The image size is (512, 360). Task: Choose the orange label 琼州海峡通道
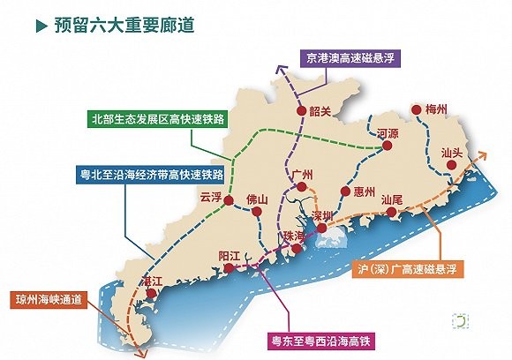click(x=49, y=299)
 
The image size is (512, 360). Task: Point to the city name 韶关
click(x=320, y=111)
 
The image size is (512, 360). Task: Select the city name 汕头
click(x=452, y=152)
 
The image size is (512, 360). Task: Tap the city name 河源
click(x=388, y=134)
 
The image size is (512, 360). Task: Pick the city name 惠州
click(x=364, y=191)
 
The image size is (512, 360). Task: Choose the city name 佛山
click(x=256, y=199)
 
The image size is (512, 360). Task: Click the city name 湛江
click(x=152, y=281)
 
